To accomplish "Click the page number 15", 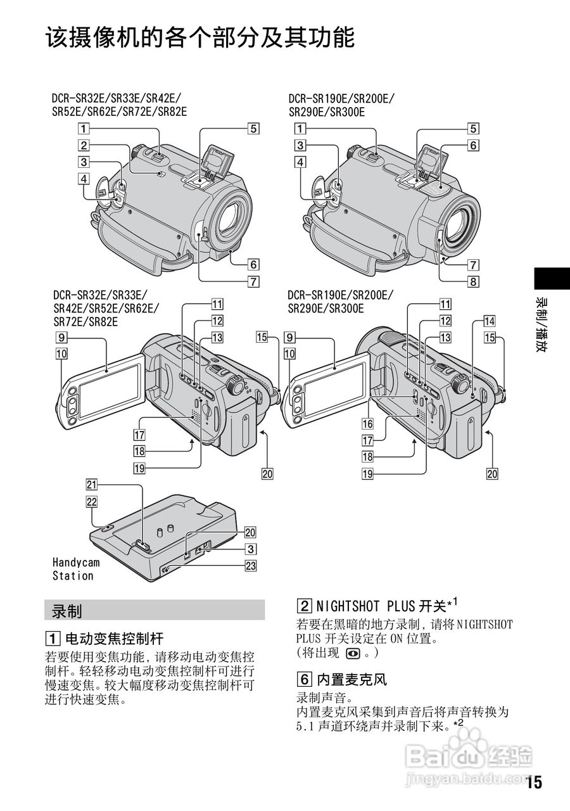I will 534,782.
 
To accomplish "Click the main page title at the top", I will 199,37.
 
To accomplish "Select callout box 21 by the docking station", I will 92,485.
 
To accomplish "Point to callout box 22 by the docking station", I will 92,501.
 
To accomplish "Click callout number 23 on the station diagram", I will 251,567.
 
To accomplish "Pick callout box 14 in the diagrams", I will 490,321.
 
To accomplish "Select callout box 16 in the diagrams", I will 367,423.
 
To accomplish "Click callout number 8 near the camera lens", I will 473,282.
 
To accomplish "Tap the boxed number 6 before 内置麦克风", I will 304,680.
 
